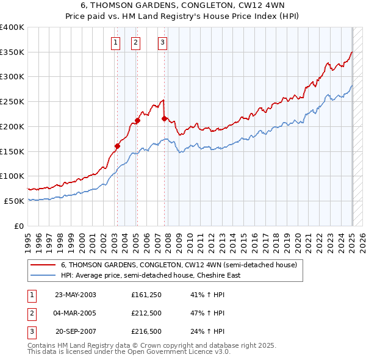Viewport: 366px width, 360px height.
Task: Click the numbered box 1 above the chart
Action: [x=115, y=42]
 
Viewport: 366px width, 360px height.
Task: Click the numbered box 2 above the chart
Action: [x=135, y=42]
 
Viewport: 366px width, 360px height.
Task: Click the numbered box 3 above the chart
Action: [x=163, y=42]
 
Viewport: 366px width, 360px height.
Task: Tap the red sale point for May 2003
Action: [x=117, y=145]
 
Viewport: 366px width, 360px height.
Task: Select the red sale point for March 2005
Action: [x=137, y=120]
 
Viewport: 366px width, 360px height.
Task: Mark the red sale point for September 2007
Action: [x=165, y=118]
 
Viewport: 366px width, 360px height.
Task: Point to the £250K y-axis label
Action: [x=13, y=101]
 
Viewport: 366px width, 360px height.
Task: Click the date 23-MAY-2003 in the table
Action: [x=76, y=295]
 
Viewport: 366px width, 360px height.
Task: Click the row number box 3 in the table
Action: [x=31, y=332]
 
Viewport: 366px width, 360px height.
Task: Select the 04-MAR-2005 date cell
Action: [x=76, y=314]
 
